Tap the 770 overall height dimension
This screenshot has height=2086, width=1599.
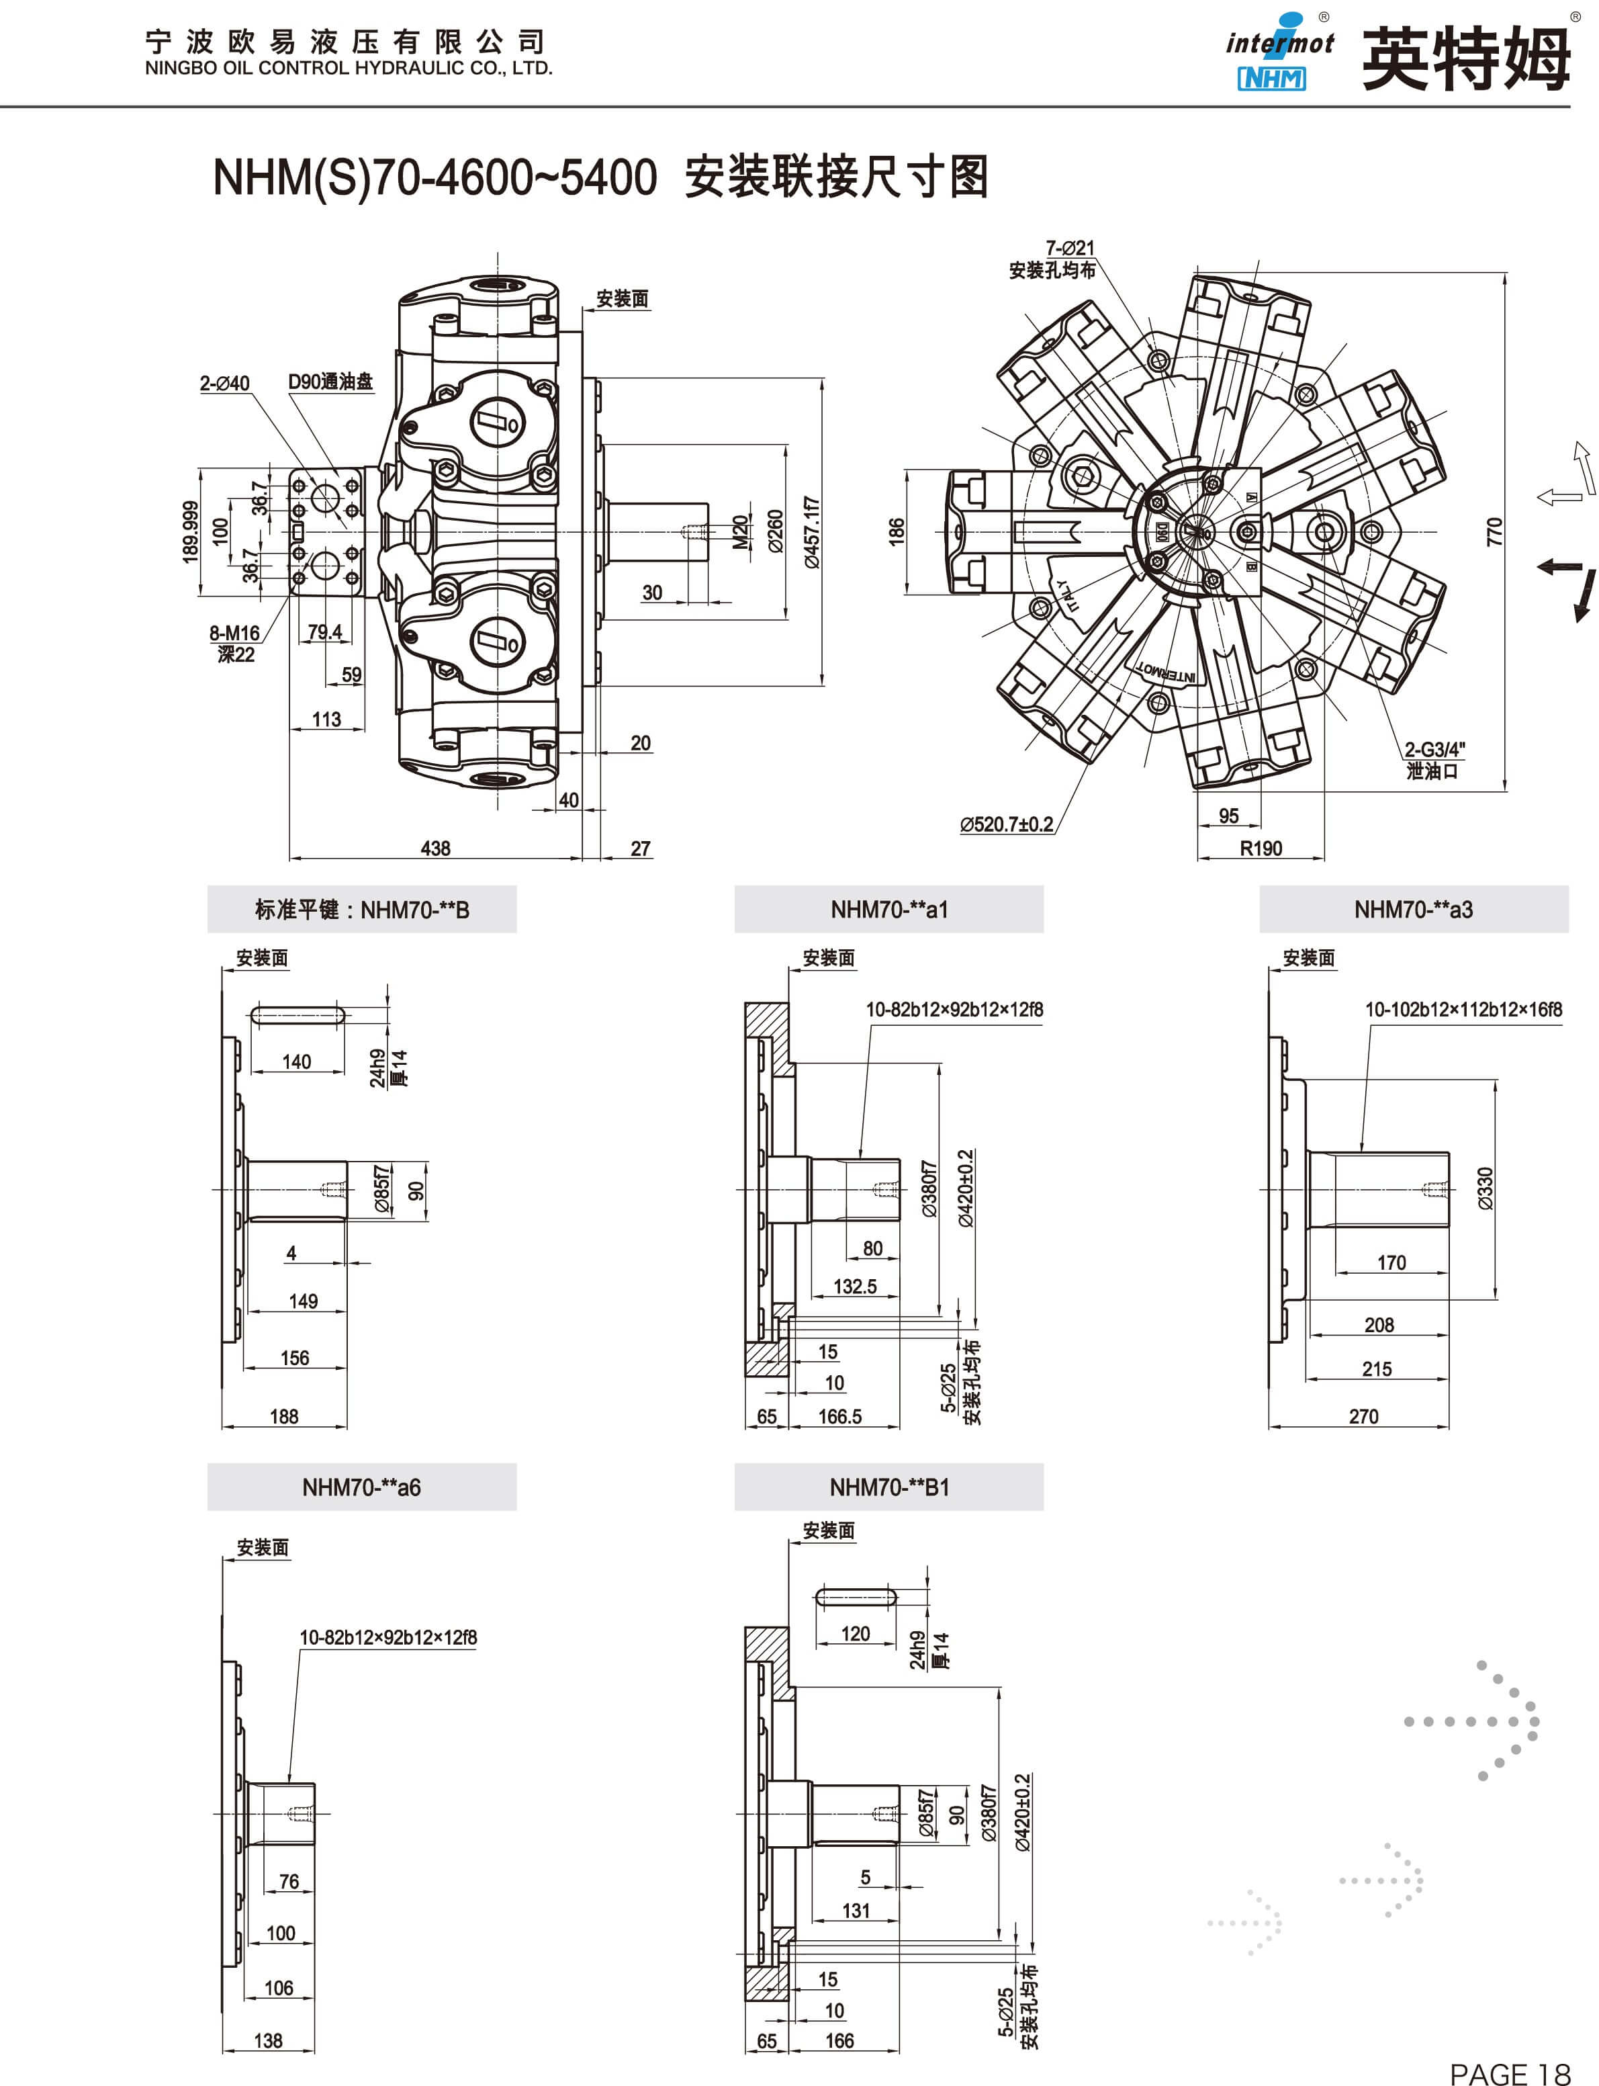1494,531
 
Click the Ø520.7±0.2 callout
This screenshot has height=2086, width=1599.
1006,824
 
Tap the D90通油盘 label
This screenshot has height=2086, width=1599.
330,382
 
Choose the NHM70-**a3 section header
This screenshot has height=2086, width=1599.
1414,909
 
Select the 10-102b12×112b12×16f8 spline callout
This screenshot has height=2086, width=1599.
1463,1009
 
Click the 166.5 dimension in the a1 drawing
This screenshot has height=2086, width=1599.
839,1417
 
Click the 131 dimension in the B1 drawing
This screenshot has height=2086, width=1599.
856,1911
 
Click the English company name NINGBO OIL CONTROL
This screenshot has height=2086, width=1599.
349,69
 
